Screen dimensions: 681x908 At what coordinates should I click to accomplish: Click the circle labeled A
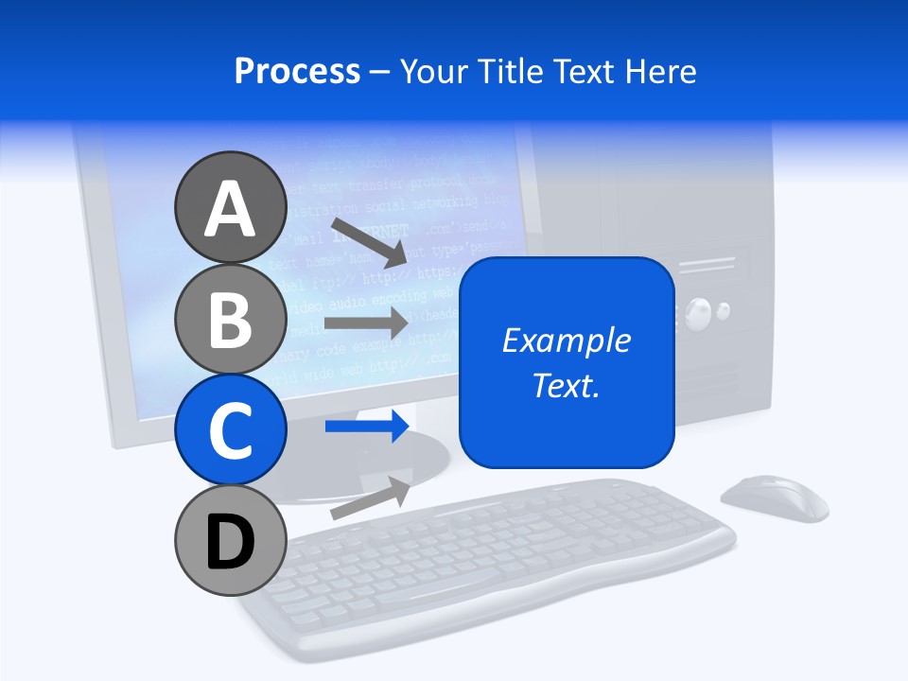[230, 207]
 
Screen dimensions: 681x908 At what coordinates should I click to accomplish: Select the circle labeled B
[230, 319]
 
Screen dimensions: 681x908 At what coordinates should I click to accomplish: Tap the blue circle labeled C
[230, 429]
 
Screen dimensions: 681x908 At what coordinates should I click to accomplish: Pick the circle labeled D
[230, 540]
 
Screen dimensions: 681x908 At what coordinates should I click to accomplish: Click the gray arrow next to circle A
[370, 242]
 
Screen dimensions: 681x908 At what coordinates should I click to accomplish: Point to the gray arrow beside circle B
[367, 323]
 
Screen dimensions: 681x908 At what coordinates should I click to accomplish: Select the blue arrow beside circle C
[367, 427]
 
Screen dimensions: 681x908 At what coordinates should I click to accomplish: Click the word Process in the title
[297, 72]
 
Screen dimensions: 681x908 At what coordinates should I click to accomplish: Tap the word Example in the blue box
[567, 340]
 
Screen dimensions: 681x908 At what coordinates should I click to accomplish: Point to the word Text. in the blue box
[567, 385]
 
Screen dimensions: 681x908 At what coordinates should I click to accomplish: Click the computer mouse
[774, 498]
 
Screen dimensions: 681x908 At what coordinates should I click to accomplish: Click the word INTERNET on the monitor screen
[378, 232]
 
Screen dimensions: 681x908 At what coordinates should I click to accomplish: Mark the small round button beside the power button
[724, 309]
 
